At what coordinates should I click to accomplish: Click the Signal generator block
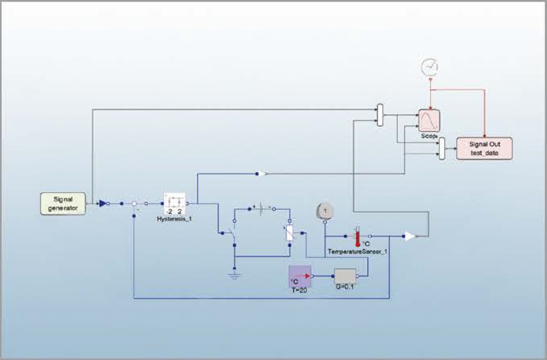tap(63, 203)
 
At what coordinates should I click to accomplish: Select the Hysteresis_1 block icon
tap(175, 203)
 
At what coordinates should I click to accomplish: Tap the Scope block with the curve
tap(429, 119)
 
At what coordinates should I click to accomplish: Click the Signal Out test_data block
tap(484, 148)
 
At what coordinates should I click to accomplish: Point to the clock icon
tap(430, 67)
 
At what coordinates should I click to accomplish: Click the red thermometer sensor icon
tap(357, 236)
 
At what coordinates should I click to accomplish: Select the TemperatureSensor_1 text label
tap(358, 251)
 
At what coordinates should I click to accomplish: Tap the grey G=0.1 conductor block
tap(345, 276)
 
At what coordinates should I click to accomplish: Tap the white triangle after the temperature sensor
tap(410, 236)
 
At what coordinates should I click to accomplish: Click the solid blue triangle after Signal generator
tap(102, 203)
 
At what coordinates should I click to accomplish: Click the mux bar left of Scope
tap(380, 115)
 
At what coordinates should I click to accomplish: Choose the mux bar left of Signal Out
tap(442, 148)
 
